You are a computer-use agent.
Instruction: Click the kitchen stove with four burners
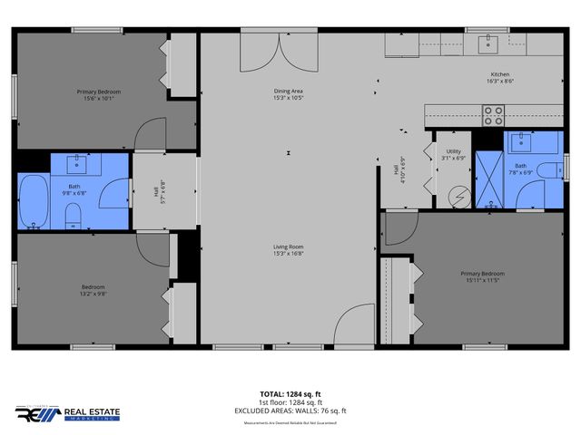pyautogui.click(x=493, y=115)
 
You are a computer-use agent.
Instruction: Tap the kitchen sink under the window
pyautogui.click(x=493, y=41)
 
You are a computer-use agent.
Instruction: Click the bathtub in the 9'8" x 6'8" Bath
pyautogui.click(x=33, y=201)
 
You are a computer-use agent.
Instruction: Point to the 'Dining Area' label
pyautogui.click(x=289, y=92)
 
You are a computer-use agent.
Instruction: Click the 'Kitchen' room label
pyautogui.click(x=501, y=74)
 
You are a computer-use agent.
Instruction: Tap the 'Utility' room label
pyautogui.click(x=453, y=151)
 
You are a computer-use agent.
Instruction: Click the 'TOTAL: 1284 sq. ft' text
pyautogui.click(x=290, y=394)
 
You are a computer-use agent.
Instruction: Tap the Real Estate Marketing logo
pyautogui.click(x=67, y=413)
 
